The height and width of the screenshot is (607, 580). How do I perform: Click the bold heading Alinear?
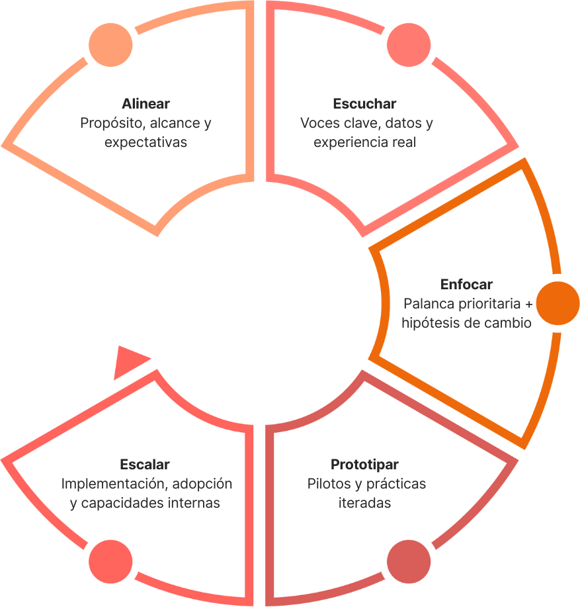point(145,104)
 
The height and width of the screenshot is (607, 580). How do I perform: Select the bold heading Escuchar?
point(364,104)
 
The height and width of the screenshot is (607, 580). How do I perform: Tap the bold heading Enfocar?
point(466,285)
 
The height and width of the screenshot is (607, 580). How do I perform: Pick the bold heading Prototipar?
point(364,464)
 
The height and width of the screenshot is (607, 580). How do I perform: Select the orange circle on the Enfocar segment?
point(557,303)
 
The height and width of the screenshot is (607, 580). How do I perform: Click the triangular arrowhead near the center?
point(129,362)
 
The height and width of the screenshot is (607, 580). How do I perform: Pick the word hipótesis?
point(428,323)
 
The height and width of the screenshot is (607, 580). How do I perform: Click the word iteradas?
point(364,502)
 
